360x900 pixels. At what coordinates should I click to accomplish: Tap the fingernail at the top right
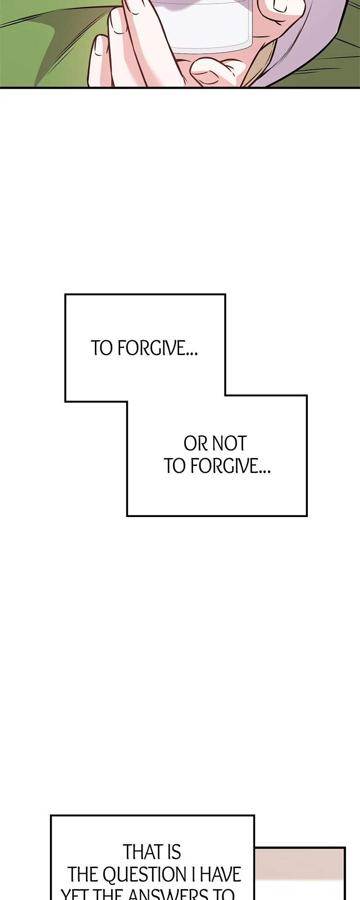click(x=277, y=5)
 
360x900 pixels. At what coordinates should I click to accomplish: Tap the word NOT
click(x=229, y=444)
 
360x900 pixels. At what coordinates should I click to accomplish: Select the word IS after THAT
click(x=174, y=852)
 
